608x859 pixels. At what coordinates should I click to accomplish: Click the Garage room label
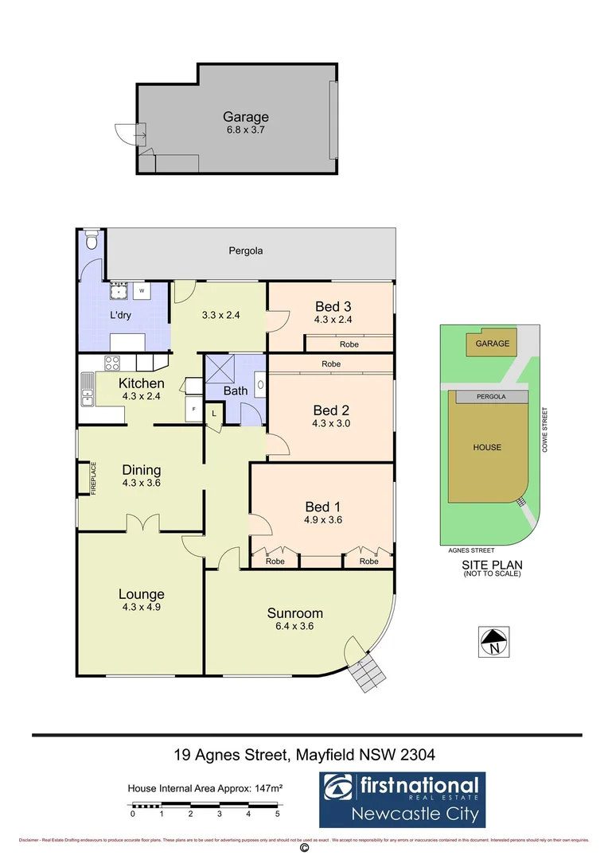tap(245, 117)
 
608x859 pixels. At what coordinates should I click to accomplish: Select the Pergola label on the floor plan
tap(245, 251)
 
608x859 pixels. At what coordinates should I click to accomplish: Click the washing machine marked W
tap(142, 291)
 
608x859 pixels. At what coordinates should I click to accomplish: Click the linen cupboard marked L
tap(214, 414)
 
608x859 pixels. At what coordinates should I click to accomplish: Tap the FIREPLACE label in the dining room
tap(93, 479)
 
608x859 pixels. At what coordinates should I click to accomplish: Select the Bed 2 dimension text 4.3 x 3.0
tap(331, 423)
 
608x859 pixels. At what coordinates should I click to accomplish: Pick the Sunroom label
tap(294, 612)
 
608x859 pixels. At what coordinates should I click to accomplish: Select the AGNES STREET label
tap(472, 550)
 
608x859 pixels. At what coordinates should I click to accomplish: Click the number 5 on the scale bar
tap(277, 814)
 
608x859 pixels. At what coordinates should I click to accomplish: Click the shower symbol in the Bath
tap(220, 369)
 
